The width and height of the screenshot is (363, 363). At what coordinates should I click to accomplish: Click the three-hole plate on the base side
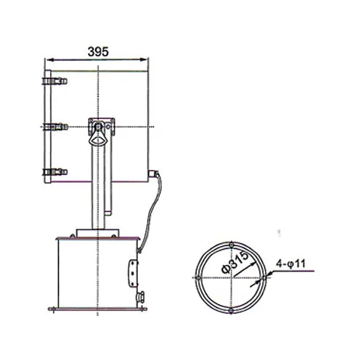click(134, 272)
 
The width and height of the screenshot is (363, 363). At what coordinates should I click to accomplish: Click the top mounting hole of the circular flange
click(232, 242)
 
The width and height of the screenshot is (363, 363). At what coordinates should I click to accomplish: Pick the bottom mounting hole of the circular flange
click(232, 311)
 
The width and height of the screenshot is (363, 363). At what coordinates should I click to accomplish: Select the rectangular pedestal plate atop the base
click(97, 234)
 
